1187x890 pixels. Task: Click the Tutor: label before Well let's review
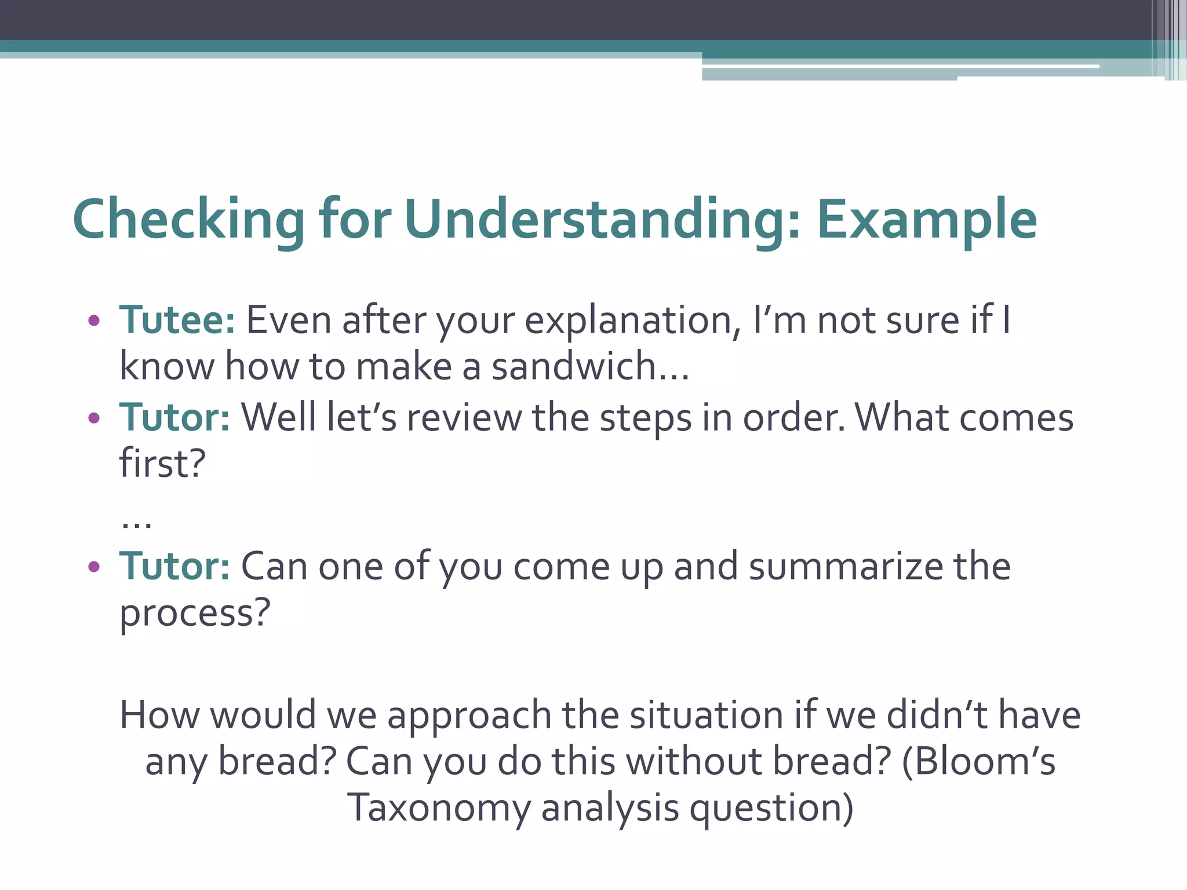tap(174, 417)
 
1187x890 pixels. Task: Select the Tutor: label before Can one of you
tap(174, 566)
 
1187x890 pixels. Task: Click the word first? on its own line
tap(162, 464)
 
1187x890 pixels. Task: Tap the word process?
tap(195, 613)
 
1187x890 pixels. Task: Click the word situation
tap(707, 715)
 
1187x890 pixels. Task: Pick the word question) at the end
tap(771, 809)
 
